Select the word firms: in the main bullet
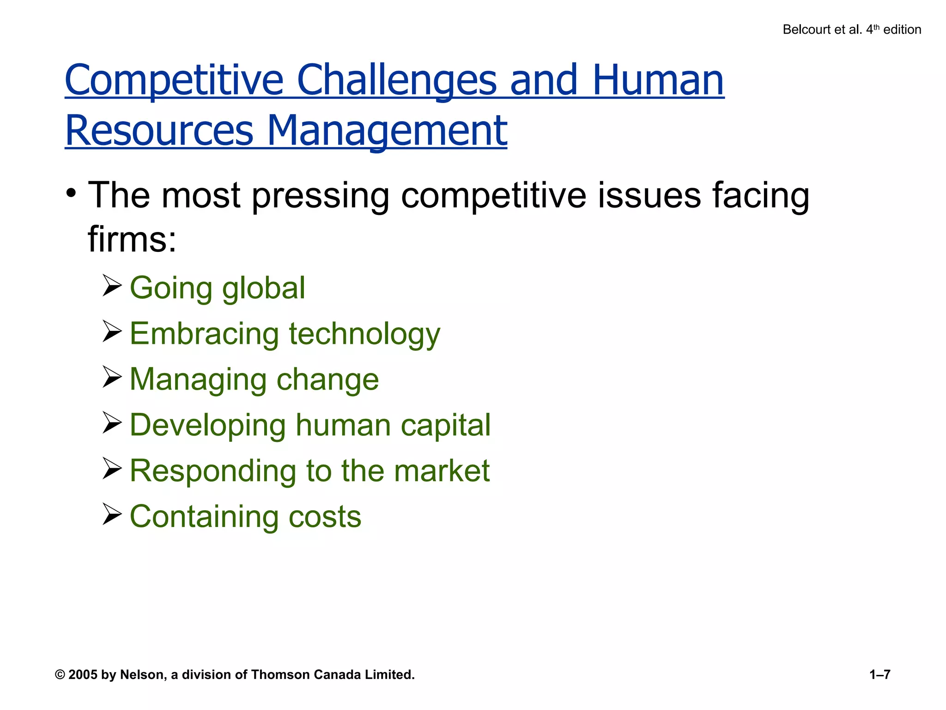[x=132, y=239]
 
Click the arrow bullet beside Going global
[x=112, y=285]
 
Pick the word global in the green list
[x=263, y=288]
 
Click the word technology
[x=364, y=334]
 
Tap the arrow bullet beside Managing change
[x=112, y=377]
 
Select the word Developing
[x=208, y=425]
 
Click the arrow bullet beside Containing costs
[x=112, y=514]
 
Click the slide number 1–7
[x=879, y=675]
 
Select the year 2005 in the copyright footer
[x=83, y=675]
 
